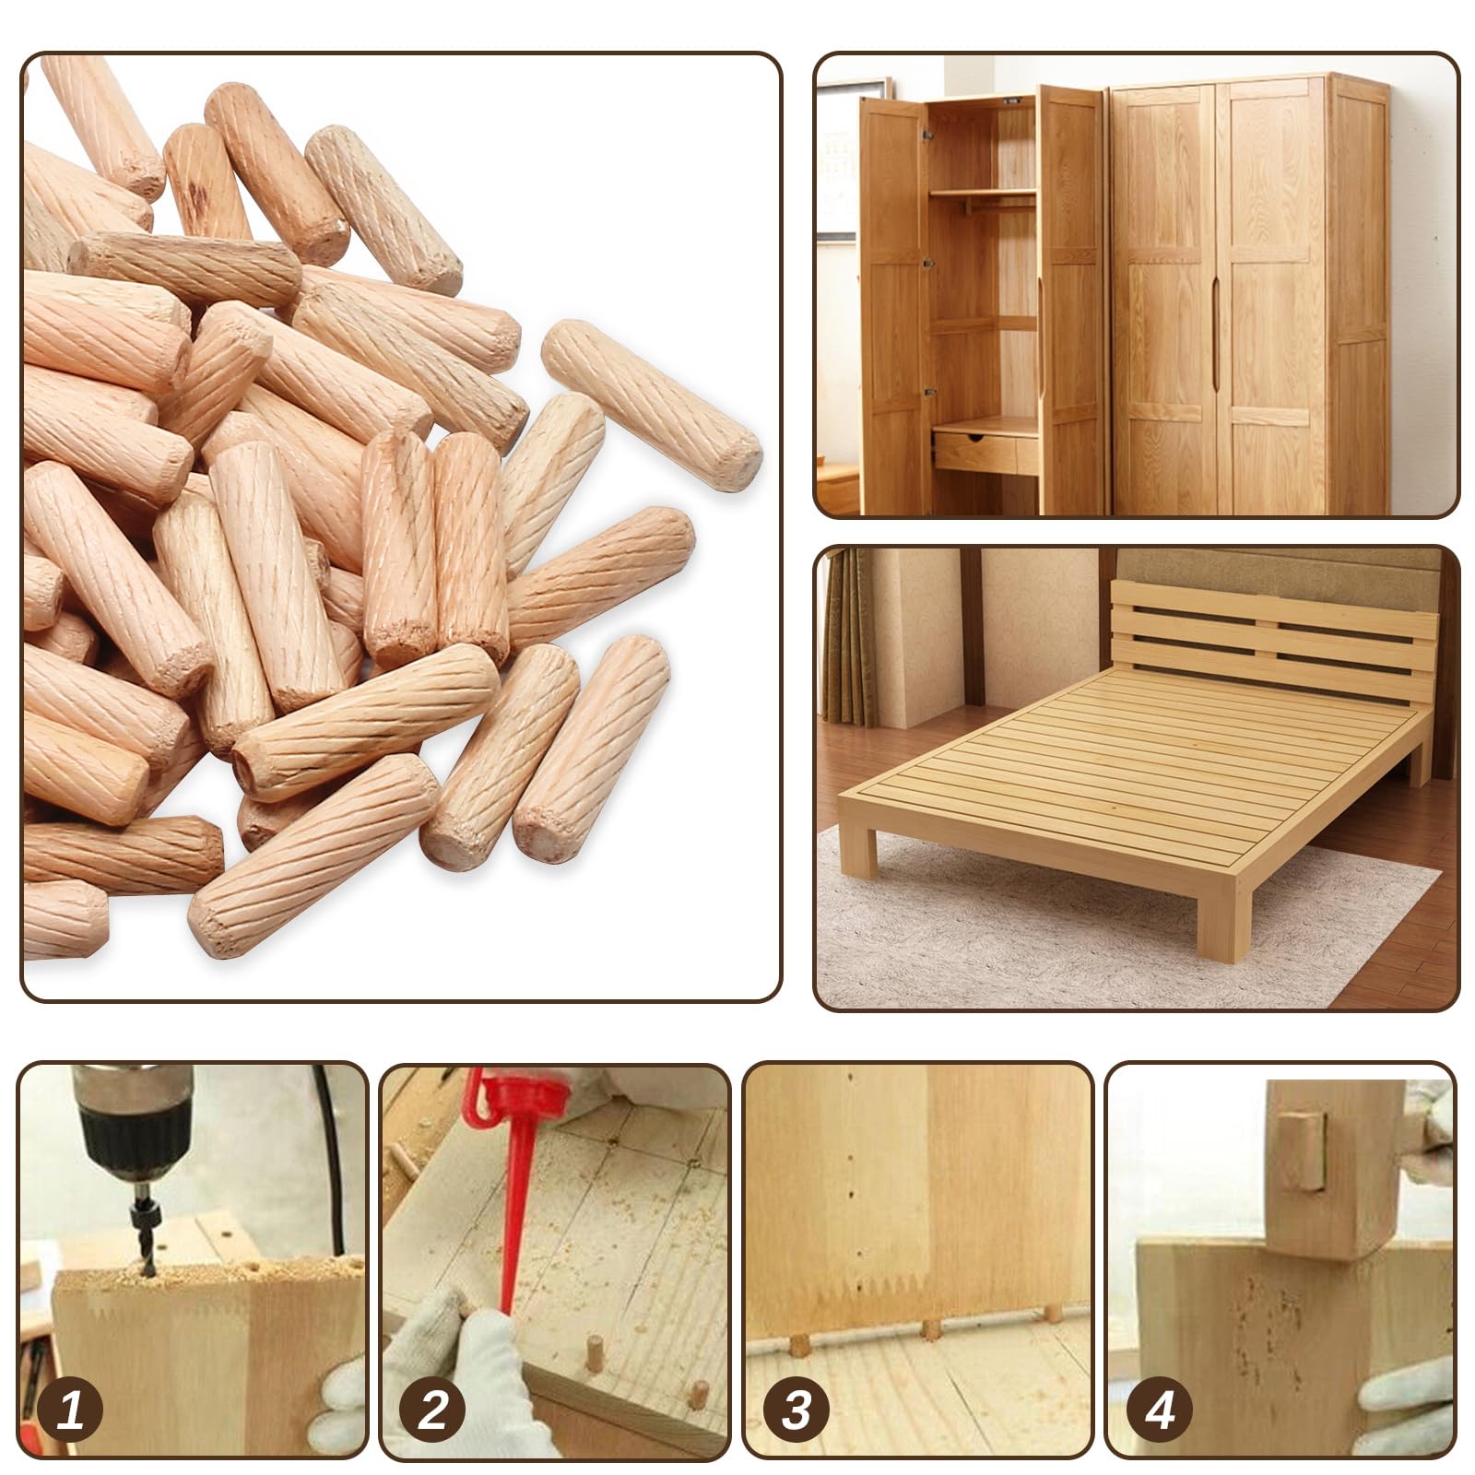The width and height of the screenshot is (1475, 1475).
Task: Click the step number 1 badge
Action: [71, 1410]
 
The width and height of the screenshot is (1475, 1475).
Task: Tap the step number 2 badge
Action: [433, 1410]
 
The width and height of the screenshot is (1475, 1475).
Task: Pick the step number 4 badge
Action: [1160, 1410]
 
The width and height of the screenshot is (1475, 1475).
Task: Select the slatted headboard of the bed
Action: [1272, 636]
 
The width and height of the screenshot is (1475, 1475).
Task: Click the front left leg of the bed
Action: [858, 848]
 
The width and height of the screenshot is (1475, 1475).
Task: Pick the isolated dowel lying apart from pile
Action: [651, 404]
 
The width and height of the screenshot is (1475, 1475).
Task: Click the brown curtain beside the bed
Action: [846, 636]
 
